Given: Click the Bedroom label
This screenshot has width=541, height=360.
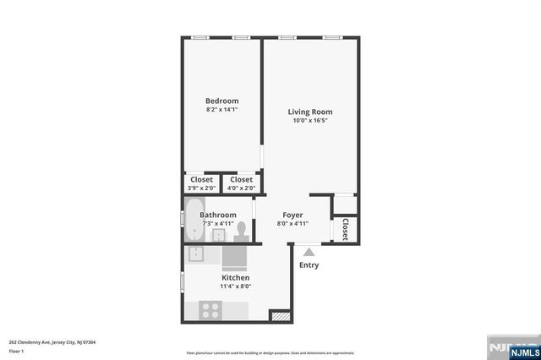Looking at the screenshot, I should pyautogui.click(x=222, y=101).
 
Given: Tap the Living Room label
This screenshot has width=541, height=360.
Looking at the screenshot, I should pyautogui.click(x=310, y=112).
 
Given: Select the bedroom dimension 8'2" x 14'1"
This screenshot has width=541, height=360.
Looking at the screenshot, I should pyautogui.click(x=222, y=110).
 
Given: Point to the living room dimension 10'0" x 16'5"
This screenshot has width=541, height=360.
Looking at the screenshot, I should pyautogui.click(x=310, y=121).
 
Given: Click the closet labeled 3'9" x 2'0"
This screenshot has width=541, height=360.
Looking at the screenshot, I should pyautogui.click(x=201, y=183).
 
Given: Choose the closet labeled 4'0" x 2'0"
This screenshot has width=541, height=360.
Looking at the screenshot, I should pyautogui.click(x=241, y=183).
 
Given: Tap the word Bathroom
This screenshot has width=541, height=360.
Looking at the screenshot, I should pyautogui.click(x=217, y=215).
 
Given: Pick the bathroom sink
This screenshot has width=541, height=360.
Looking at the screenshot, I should pyautogui.click(x=217, y=234).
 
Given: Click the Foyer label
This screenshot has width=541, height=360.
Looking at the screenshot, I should pyautogui.click(x=292, y=215).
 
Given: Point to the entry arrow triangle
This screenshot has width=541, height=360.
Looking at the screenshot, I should pyautogui.click(x=309, y=250).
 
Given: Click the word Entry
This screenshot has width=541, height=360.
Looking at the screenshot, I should pyautogui.click(x=309, y=265).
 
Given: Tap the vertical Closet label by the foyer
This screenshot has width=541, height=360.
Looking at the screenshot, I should pyautogui.click(x=345, y=229).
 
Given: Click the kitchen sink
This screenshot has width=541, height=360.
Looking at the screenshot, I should pyautogui.click(x=195, y=254).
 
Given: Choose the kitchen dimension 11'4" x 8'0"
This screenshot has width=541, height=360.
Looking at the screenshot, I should pyautogui.click(x=235, y=286).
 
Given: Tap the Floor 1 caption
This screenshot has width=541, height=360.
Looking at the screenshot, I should pyautogui.click(x=17, y=350).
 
